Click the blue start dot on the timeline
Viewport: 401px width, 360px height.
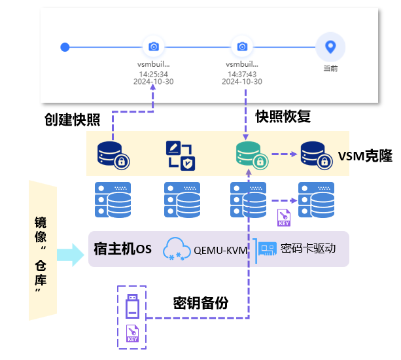point(64,46)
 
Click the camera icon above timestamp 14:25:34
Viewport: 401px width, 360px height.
point(153,46)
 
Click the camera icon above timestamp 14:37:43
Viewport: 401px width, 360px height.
point(242,46)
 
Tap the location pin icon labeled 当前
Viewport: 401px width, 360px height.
point(330,46)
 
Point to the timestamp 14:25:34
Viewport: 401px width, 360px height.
point(154,73)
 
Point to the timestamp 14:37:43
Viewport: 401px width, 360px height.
point(242,73)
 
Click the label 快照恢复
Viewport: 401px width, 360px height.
point(283,117)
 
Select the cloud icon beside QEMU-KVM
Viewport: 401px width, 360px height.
point(177,249)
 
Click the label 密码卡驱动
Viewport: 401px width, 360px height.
point(307,249)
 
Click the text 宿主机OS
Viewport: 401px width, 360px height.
point(122,249)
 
